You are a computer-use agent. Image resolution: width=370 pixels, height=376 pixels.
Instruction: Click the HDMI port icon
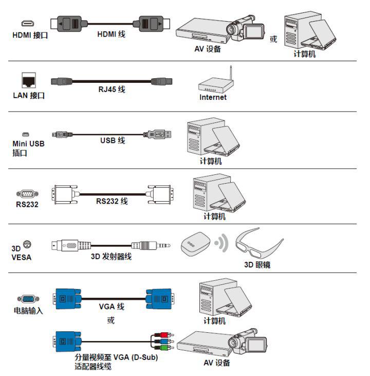27,24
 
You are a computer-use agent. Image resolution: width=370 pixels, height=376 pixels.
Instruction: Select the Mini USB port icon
25,134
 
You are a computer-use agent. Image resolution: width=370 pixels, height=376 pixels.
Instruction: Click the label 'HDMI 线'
111,35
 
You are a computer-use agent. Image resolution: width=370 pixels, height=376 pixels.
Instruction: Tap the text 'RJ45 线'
112,89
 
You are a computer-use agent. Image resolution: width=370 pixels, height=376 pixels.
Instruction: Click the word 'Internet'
213,97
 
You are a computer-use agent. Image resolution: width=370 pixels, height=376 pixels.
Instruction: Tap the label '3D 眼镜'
257,265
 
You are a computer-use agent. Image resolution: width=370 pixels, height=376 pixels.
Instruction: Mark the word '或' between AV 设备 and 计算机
273,40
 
